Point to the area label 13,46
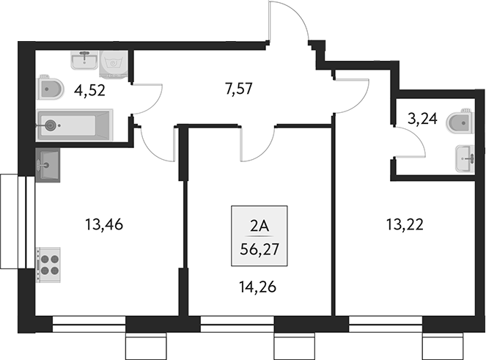103,225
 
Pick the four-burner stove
49,263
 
